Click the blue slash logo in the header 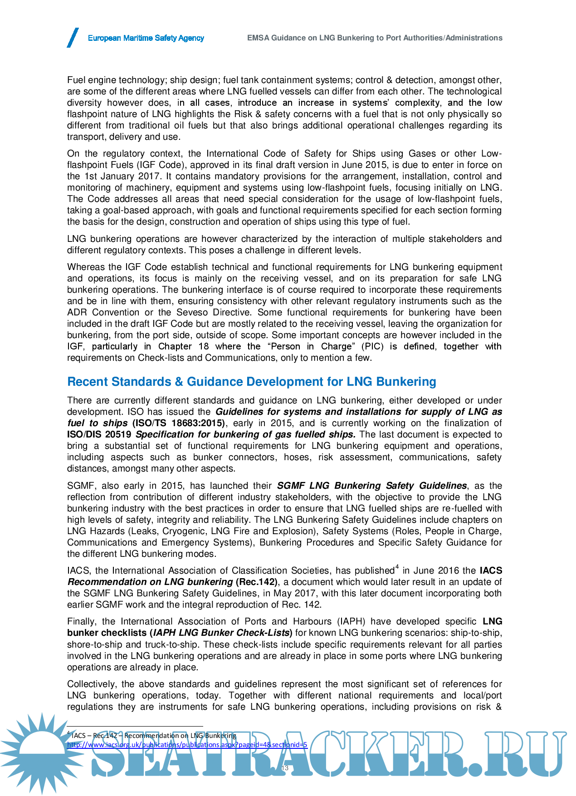click(73, 38)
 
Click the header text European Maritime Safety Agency click(146, 38)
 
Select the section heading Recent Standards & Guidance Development click(251, 382)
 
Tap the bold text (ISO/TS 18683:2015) click(178, 423)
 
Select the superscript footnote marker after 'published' click(397, 567)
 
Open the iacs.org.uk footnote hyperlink click(187, 745)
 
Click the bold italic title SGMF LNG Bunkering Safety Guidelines click(371, 486)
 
